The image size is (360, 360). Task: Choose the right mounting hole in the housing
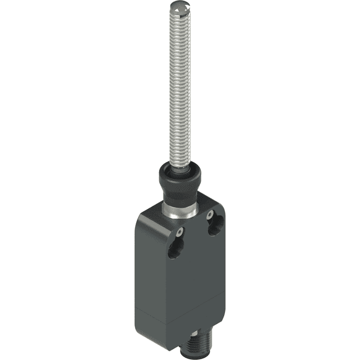point(215,226)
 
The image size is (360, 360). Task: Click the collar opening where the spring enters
point(181,167)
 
